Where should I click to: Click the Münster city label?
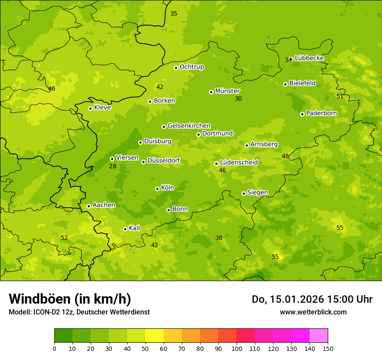coord(227,91)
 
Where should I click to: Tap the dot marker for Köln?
coord(157,189)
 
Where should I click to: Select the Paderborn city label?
coord(321,113)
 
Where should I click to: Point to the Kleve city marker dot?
coord(90,108)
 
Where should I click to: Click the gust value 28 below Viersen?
coord(112,167)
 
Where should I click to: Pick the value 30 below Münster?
coord(238,99)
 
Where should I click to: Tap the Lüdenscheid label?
coord(239,163)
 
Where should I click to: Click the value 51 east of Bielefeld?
coord(340,97)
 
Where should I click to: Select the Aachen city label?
coord(104,205)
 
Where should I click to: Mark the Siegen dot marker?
coord(244,193)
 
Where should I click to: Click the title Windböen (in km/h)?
coord(70,299)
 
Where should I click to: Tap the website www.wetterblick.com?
coord(313,312)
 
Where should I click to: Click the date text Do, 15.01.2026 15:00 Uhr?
coord(312,299)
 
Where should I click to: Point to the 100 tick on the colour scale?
coord(237,348)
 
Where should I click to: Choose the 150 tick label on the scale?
coord(328,348)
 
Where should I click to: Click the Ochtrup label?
coord(191,67)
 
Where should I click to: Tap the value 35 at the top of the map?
coord(174,14)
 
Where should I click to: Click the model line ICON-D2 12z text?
coord(79,312)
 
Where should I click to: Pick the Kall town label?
coord(135,228)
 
